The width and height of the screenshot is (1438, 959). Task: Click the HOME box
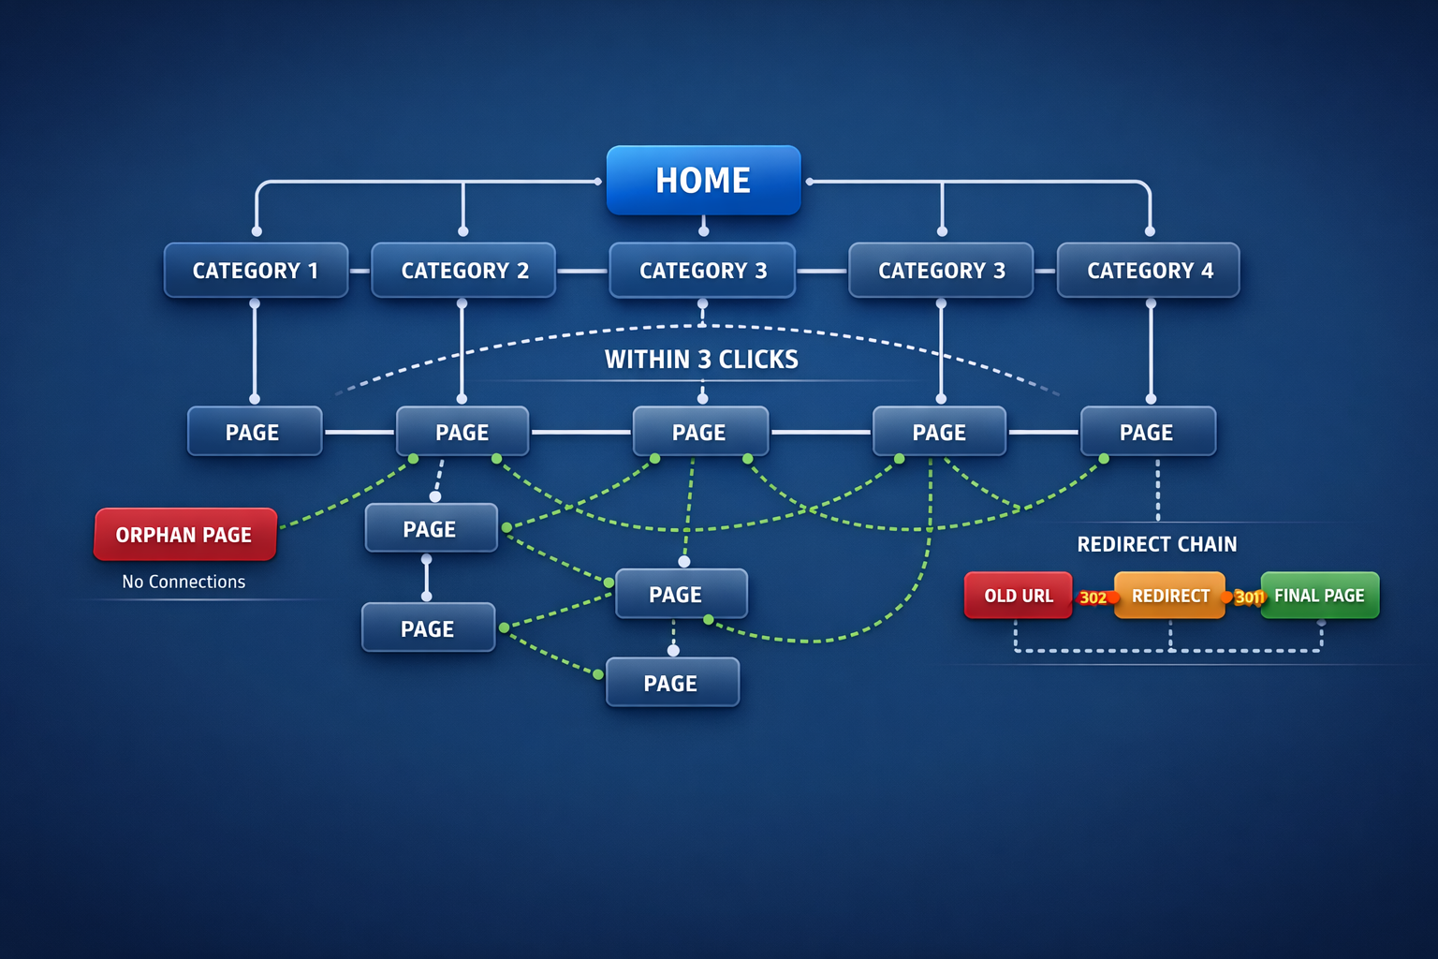click(x=703, y=180)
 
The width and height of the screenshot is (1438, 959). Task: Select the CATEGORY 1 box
click(x=256, y=271)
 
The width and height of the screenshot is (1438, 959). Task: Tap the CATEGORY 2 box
click(x=464, y=271)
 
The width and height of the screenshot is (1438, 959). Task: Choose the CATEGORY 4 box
click(x=1149, y=271)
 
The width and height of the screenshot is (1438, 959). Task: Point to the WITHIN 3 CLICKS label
click(x=701, y=360)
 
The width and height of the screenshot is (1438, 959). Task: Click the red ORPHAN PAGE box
click(x=184, y=535)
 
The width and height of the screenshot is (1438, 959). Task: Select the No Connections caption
click(x=183, y=582)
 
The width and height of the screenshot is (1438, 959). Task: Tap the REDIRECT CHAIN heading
click(x=1157, y=544)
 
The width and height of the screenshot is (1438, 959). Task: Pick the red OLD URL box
click(x=1019, y=596)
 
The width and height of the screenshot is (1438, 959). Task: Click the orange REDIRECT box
click(x=1170, y=596)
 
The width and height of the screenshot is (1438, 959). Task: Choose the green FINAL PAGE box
click(x=1320, y=596)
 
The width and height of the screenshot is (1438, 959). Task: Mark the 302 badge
click(x=1093, y=598)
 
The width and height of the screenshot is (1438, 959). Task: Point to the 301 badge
click(x=1248, y=598)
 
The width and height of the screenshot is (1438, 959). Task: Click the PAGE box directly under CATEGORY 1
click(x=254, y=432)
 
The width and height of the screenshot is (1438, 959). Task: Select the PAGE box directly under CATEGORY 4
click(x=1148, y=432)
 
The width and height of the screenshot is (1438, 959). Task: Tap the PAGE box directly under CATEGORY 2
click(x=462, y=432)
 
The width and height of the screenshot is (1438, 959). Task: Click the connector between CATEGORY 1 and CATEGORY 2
click(x=359, y=271)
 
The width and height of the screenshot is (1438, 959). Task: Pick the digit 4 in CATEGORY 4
click(x=1207, y=271)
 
